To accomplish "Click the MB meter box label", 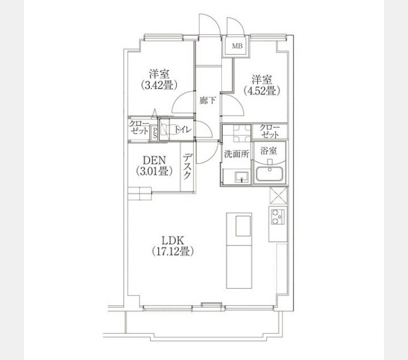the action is point(237,46).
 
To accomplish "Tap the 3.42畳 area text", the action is point(159,85).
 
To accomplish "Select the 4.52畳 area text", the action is point(262,91).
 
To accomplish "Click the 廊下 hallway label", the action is point(208,100).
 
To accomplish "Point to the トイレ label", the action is point(183,130).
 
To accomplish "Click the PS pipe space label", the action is point(155,133).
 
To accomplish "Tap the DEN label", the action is point(154,160).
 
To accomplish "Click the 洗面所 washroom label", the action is point(236,154).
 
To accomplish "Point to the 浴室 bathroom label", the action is point(269,151).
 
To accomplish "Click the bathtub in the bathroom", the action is point(269,174).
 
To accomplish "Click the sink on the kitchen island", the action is point(243,226).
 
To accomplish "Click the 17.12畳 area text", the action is point(173,251).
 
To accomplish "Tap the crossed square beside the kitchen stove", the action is point(278,195).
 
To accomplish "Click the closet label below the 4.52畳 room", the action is point(269,131).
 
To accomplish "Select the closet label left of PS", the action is point(139,127).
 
